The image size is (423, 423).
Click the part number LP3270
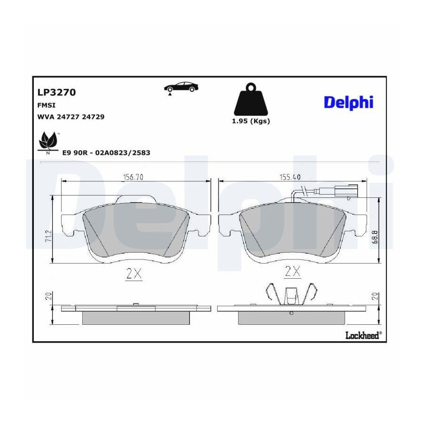point(57,92)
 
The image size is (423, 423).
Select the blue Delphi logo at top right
point(349,102)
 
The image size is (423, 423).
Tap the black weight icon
point(251,99)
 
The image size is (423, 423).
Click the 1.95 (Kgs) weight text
point(251,121)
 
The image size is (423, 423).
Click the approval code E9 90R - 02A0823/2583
point(106,153)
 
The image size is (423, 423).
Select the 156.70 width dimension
point(133,177)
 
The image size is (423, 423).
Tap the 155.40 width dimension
point(290,177)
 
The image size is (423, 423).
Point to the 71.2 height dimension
point(49,236)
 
